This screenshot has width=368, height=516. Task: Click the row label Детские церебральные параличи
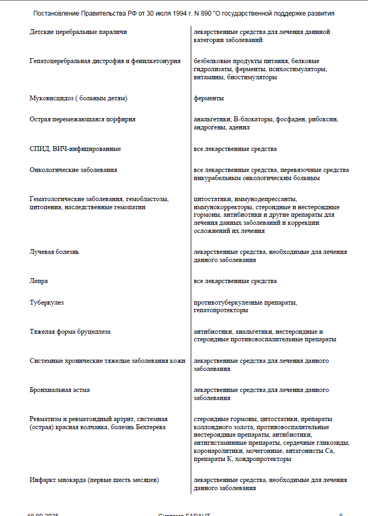click(78, 32)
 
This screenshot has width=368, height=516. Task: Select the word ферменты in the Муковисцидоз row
click(209, 99)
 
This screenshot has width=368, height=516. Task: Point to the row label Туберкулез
click(46, 303)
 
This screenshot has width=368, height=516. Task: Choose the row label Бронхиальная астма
click(59, 390)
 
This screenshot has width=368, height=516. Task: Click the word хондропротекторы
click(264, 459)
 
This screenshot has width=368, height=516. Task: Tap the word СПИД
click(39, 149)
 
